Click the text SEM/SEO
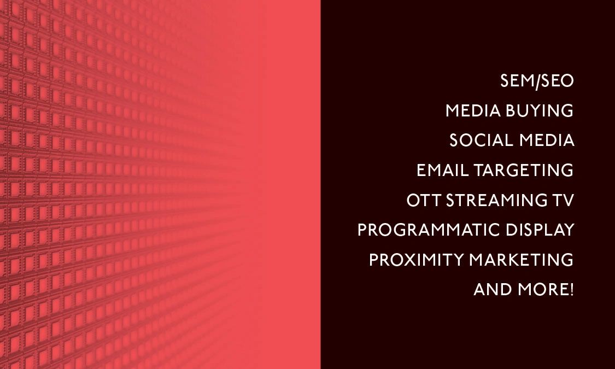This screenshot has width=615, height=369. tap(537, 81)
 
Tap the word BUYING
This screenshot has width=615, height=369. tap(540, 110)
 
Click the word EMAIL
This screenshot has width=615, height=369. tap(442, 170)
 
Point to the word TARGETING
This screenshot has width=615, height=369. tap(524, 170)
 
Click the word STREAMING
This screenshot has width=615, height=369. tap(497, 201)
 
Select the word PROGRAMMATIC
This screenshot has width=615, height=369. tap(429, 230)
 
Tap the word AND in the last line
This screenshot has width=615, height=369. tap(493, 290)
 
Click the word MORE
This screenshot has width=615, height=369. tap(542, 290)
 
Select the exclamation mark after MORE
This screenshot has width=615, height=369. tap(571, 290)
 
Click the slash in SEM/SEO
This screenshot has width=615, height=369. tap(538, 81)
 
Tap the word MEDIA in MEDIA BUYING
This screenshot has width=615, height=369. tap(473, 110)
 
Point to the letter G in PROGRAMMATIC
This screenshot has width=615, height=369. tap(402, 230)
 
